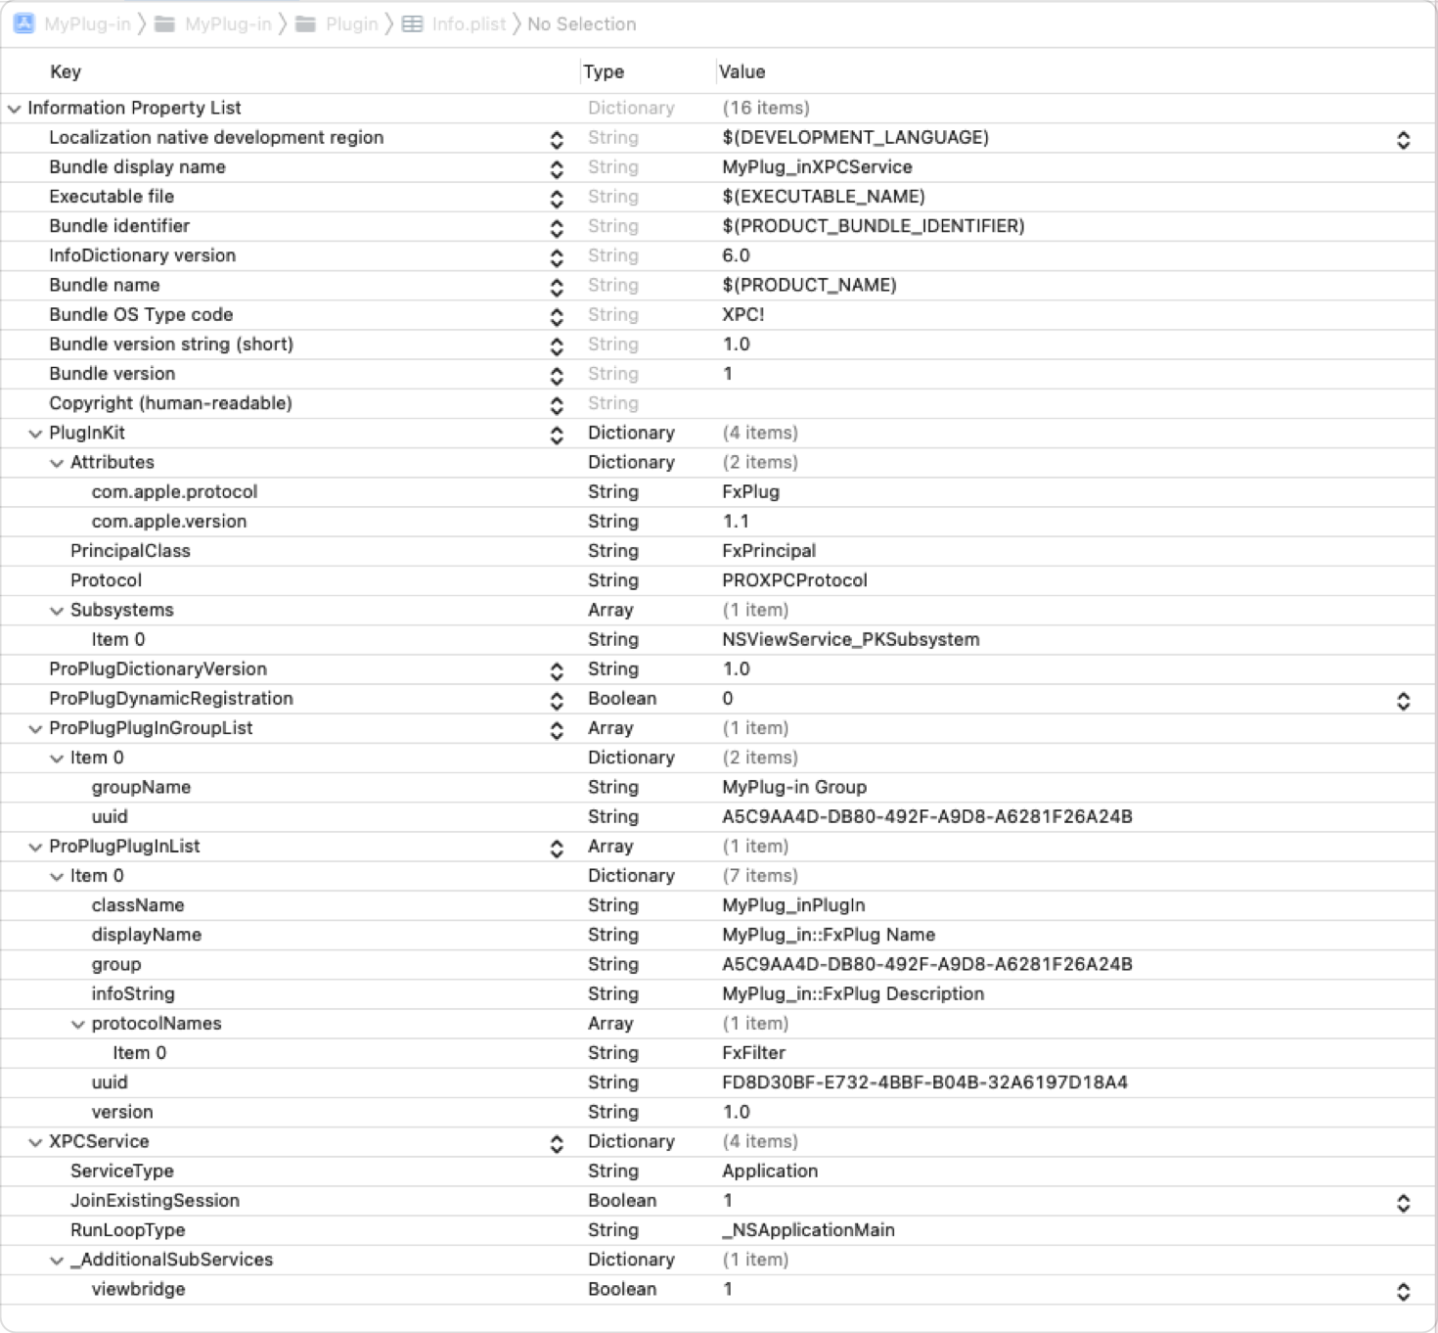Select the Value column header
tap(741, 71)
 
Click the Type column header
tap(603, 71)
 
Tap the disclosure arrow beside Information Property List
tap(14, 109)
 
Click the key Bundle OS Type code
tap(141, 314)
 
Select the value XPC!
tap(742, 314)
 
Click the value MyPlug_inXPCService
tap(817, 167)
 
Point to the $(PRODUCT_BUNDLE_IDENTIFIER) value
tap(873, 226)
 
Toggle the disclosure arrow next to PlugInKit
tap(35, 434)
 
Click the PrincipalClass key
tap(130, 551)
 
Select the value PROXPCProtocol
tap(794, 580)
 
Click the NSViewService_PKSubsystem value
tap(850, 639)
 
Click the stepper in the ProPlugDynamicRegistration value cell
tap(1403, 701)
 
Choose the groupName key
tap(141, 787)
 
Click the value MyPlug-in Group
tap(794, 787)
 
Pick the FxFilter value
tap(753, 1053)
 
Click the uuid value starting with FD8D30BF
tap(924, 1082)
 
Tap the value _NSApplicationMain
tap(808, 1230)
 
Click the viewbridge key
tap(138, 1289)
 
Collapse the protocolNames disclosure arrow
tap(78, 1025)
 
